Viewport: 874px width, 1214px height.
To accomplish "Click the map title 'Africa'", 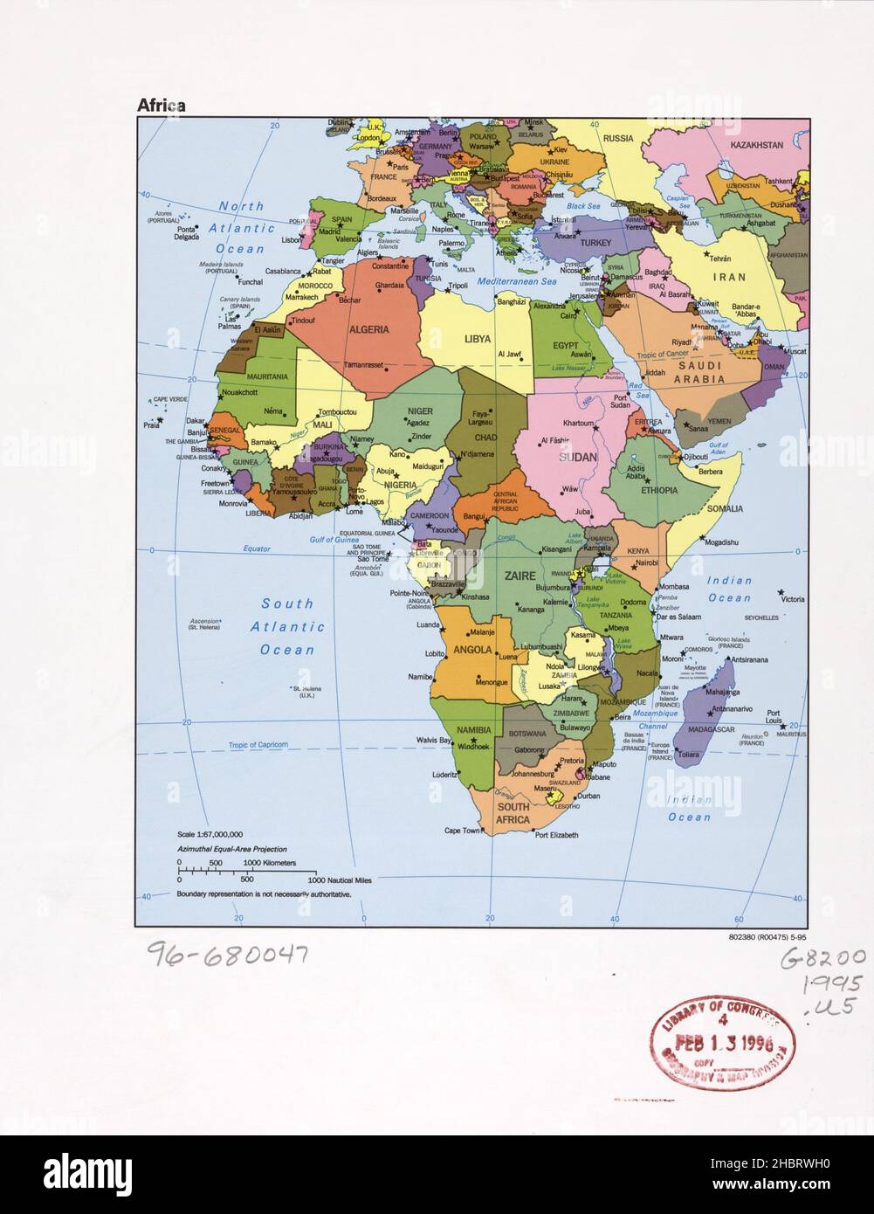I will pyautogui.click(x=160, y=106).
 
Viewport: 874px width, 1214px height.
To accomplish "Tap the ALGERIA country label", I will pyautogui.click(x=369, y=330).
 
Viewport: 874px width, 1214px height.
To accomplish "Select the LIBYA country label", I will pyautogui.click(x=477, y=338).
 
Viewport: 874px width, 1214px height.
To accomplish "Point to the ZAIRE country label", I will pyautogui.click(x=519, y=576).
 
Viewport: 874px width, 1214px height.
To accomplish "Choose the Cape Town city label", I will pyautogui.click(x=462, y=831).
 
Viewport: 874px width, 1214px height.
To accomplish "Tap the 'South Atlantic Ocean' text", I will pyautogui.click(x=287, y=626).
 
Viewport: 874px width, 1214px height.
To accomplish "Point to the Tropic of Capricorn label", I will pyautogui.click(x=258, y=745).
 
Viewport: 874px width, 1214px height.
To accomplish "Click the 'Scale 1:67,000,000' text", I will pyautogui.click(x=210, y=835).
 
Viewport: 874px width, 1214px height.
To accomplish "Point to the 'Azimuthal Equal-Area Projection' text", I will pyautogui.click(x=231, y=849).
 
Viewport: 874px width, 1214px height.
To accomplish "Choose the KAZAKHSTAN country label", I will pyautogui.click(x=756, y=145).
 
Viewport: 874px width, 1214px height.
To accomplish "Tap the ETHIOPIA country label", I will pyautogui.click(x=659, y=491).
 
